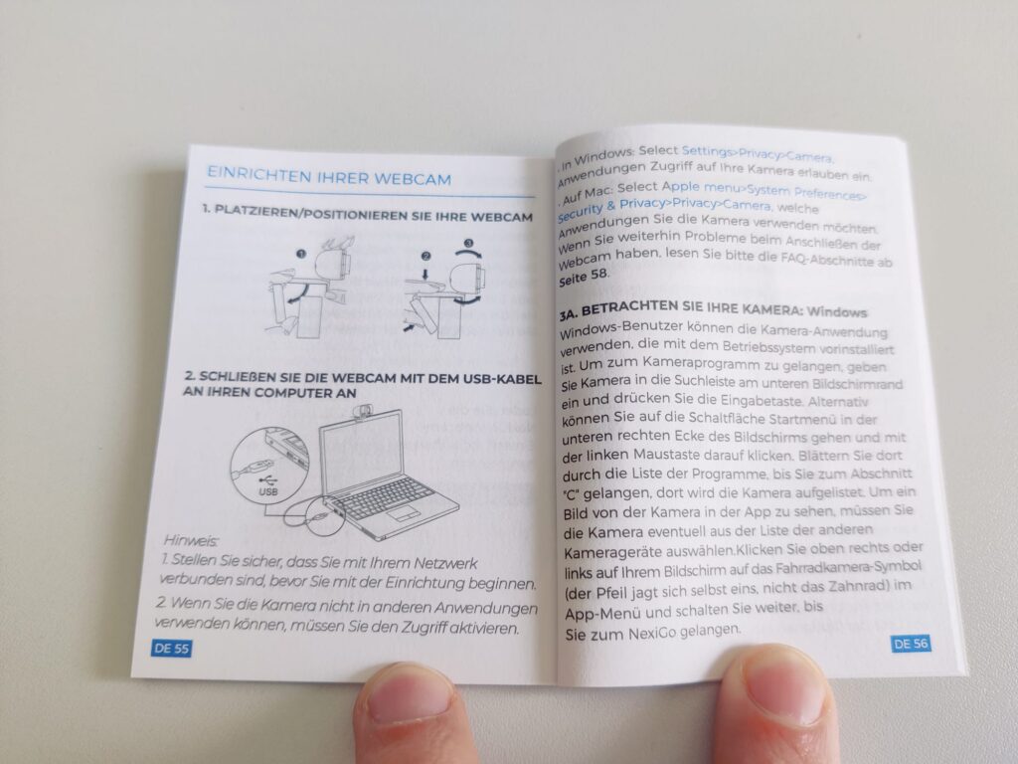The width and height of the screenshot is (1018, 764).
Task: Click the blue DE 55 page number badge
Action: point(171,648)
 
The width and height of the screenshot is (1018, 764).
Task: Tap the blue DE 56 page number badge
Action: point(911,644)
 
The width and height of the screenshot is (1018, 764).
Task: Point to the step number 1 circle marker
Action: point(300,254)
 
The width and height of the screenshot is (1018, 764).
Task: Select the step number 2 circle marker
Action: point(425,257)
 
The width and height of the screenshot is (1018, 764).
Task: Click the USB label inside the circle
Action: point(268,491)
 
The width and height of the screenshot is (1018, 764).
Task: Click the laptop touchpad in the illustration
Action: point(404,513)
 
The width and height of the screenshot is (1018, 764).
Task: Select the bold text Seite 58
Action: point(583,278)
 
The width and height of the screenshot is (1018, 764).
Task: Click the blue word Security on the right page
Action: point(581,211)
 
